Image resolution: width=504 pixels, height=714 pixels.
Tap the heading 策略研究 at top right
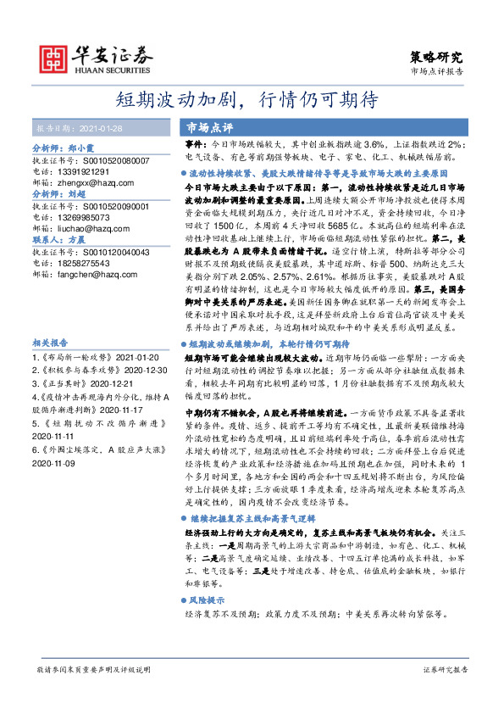pos(437,58)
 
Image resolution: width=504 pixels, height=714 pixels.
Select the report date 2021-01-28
pos(102,129)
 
